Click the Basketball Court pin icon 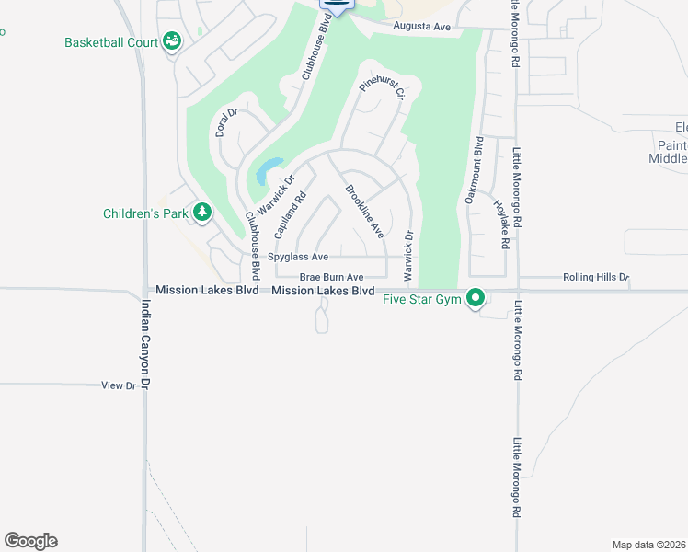(171, 41)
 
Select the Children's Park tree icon (201, 213)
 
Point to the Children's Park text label (145, 213)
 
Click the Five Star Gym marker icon (476, 298)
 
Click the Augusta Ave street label (421, 28)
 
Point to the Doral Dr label (226, 122)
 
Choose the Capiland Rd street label (289, 215)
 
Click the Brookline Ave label (364, 212)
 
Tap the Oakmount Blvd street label (473, 170)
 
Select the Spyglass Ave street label (297, 257)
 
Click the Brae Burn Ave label (331, 277)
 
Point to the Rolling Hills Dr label (594, 277)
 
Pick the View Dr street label (118, 385)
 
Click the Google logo (31, 541)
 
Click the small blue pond (268, 170)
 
